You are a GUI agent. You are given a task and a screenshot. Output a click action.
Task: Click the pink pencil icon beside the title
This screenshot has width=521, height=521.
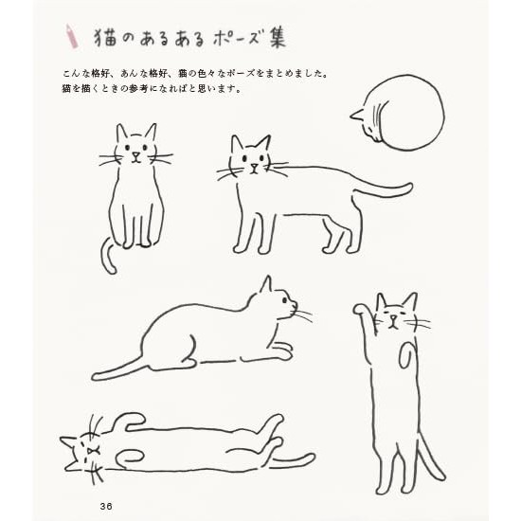pyautogui.click(x=71, y=37)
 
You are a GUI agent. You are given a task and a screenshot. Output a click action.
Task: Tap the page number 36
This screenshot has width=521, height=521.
pyautogui.click(x=106, y=507)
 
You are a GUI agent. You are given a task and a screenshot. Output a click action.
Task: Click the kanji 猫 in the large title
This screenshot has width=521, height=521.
pyautogui.click(x=106, y=37)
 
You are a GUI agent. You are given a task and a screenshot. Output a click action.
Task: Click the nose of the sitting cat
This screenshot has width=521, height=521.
pyautogui.click(x=135, y=154)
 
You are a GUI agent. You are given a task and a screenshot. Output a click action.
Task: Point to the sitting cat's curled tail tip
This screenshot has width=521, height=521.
pyautogui.click(x=112, y=269)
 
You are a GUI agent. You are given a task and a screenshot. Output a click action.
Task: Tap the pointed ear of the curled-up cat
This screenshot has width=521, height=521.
pyautogui.click(x=356, y=115)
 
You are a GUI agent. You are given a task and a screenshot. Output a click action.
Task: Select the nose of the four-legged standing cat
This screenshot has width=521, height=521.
pyautogui.click(x=255, y=166)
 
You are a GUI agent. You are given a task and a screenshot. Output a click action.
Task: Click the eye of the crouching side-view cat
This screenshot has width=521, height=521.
pyautogui.click(x=285, y=300)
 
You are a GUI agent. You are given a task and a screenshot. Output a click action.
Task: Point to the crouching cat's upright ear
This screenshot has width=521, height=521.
pyautogui.click(x=266, y=285)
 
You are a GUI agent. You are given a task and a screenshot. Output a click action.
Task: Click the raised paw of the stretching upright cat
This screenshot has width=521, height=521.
pyautogui.click(x=359, y=310)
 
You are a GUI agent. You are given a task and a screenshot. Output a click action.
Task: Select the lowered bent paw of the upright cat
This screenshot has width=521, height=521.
pyautogui.click(x=405, y=355)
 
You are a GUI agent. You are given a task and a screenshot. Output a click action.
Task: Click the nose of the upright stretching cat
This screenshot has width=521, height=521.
pyautogui.click(x=393, y=317)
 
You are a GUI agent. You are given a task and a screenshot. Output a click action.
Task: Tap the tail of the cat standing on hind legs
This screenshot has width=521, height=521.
pyautogui.click(x=431, y=457)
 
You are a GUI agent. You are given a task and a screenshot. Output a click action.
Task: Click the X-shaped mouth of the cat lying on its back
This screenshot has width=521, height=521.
pyautogui.click(x=91, y=451)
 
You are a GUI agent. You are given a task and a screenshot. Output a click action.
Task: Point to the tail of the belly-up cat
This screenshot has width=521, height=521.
pyautogui.click(x=293, y=461)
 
